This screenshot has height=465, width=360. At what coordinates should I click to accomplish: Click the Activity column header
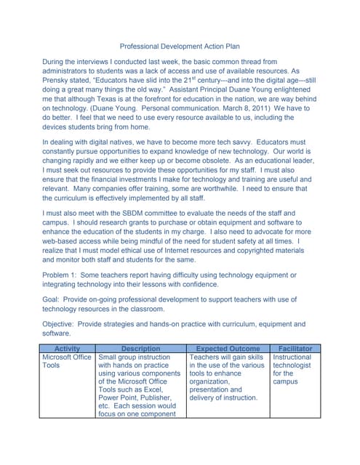68,349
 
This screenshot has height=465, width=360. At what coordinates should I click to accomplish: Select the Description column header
140,349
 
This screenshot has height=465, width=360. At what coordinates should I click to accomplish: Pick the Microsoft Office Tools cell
67,362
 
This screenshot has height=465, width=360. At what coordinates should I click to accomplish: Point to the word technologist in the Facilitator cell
292,367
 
